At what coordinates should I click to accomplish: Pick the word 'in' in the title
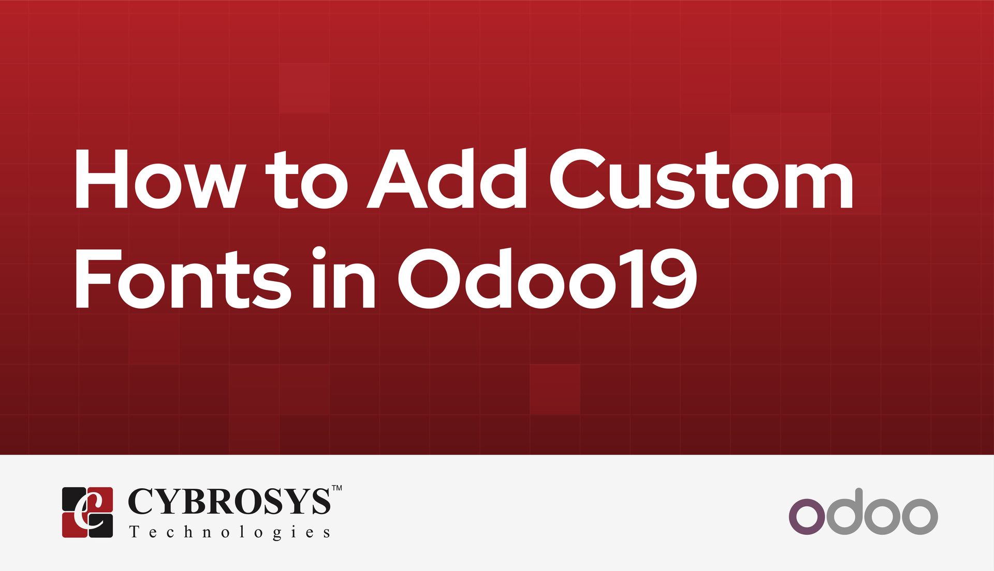tap(344, 279)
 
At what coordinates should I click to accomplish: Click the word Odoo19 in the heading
tap(547, 279)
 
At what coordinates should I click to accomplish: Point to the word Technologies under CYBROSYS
tap(230, 532)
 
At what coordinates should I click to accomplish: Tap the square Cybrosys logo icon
tap(87, 512)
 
